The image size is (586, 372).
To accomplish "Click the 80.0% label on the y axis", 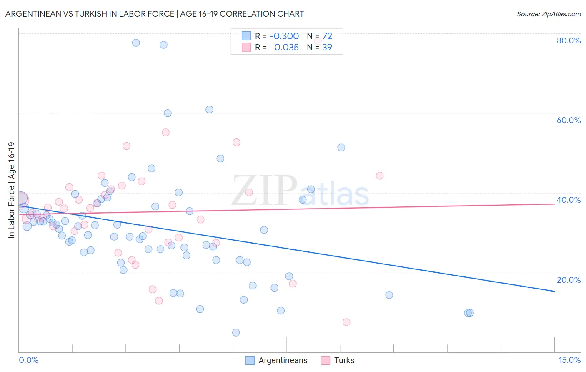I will [x=568, y=40].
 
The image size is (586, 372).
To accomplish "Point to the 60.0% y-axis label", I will [x=568, y=120].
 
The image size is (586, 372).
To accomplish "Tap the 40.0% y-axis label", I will [x=568, y=200].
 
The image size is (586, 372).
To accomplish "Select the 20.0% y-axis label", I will [x=568, y=280].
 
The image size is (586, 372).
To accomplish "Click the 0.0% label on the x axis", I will [x=28, y=360].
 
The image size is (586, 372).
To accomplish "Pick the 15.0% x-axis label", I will [x=569, y=360].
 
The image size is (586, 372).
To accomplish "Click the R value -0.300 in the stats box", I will [x=284, y=36].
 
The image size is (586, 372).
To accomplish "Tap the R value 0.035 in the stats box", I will [x=286, y=47].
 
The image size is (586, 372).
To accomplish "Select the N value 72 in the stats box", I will [x=327, y=36].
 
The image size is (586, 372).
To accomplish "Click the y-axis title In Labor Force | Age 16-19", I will [x=11, y=190].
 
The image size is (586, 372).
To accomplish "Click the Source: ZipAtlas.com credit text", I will [x=548, y=14].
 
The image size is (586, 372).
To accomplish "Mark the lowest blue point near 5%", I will [x=236, y=332].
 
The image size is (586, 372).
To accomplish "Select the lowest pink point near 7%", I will [x=346, y=322].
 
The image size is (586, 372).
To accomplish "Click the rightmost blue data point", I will [x=470, y=313].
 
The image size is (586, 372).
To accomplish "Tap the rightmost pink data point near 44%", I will [x=380, y=176].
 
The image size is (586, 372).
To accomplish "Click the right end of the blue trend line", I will [x=554, y=291].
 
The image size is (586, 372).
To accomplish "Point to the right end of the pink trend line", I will [x=554, y=204].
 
